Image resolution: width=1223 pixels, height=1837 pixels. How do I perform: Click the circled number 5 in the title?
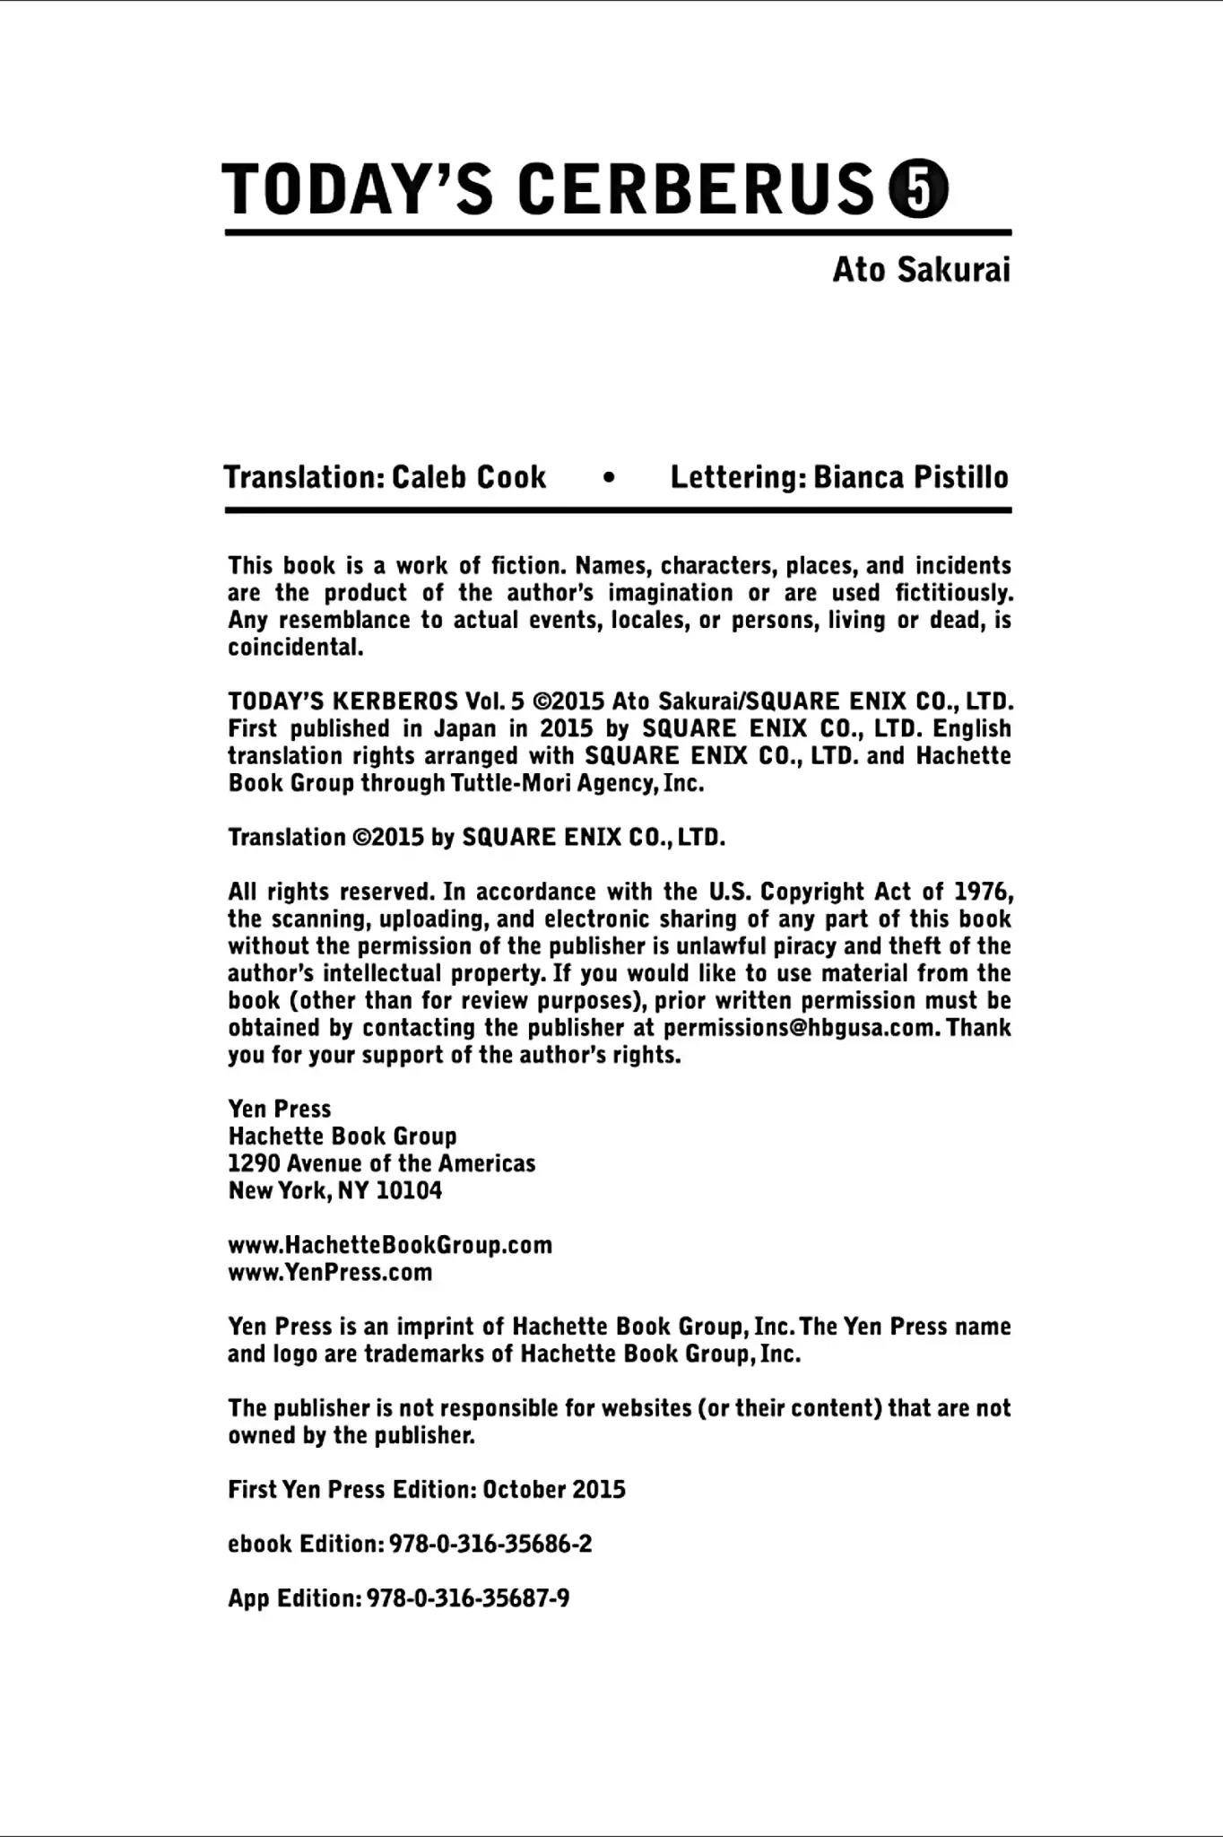click(x=917, y=189)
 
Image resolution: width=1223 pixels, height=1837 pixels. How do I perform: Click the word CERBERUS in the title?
click(x=696, y=189)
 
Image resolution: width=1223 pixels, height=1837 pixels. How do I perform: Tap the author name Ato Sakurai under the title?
click(x=921, y=269)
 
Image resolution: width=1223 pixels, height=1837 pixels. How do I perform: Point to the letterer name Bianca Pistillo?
click(x=911, y=476)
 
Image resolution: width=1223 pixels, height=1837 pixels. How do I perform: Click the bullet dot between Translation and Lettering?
click(x=610, y=478)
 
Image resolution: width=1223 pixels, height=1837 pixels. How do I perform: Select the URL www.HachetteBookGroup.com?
click(x=390, y=1245)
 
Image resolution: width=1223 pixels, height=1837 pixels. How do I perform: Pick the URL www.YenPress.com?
click(x=330, y=1272)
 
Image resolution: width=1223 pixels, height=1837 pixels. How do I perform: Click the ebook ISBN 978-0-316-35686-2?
click(x=490, y=1544)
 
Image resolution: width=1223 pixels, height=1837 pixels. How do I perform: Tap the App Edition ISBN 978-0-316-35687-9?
click(x=468, y=1598)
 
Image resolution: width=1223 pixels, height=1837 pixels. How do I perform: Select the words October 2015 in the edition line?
click(x=554, y=1490)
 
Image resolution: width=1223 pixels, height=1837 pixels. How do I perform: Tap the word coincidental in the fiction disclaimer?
click(x=296, y=648)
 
